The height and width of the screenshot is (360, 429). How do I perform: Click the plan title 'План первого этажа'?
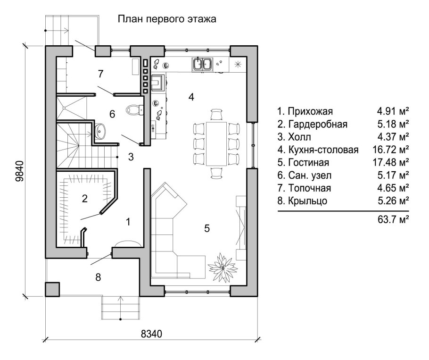[166, 19]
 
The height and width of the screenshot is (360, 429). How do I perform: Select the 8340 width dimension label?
[151, 334]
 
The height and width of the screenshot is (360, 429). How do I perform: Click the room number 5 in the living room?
[206, 228]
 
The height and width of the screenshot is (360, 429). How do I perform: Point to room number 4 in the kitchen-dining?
[191, 97]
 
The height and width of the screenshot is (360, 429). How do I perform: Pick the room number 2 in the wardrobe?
[84, 198]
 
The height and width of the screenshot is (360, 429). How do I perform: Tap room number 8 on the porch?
[98, 277]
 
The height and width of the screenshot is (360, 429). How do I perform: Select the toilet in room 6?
[135, 110]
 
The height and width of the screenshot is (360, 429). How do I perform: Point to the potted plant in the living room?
[222, 266]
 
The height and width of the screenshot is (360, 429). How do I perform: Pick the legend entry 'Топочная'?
[304, 188]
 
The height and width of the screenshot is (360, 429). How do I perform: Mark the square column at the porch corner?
[52, 289]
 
